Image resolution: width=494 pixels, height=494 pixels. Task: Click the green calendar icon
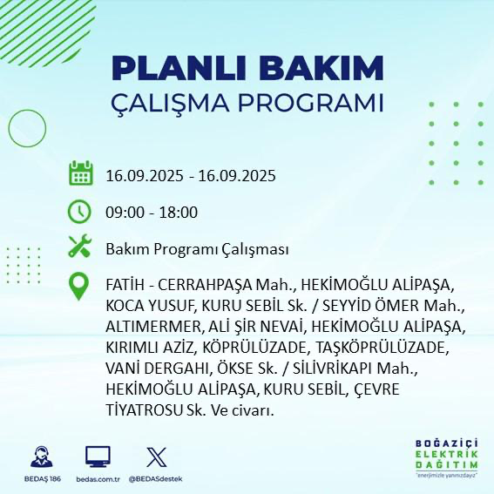click(x=80, y=173)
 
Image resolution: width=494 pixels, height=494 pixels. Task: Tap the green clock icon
click(x=80, y=211)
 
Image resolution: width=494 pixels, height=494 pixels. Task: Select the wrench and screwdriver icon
click(x=80, y=247)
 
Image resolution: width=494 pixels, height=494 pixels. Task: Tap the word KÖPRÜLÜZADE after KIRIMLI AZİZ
click(x=234, y=348)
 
